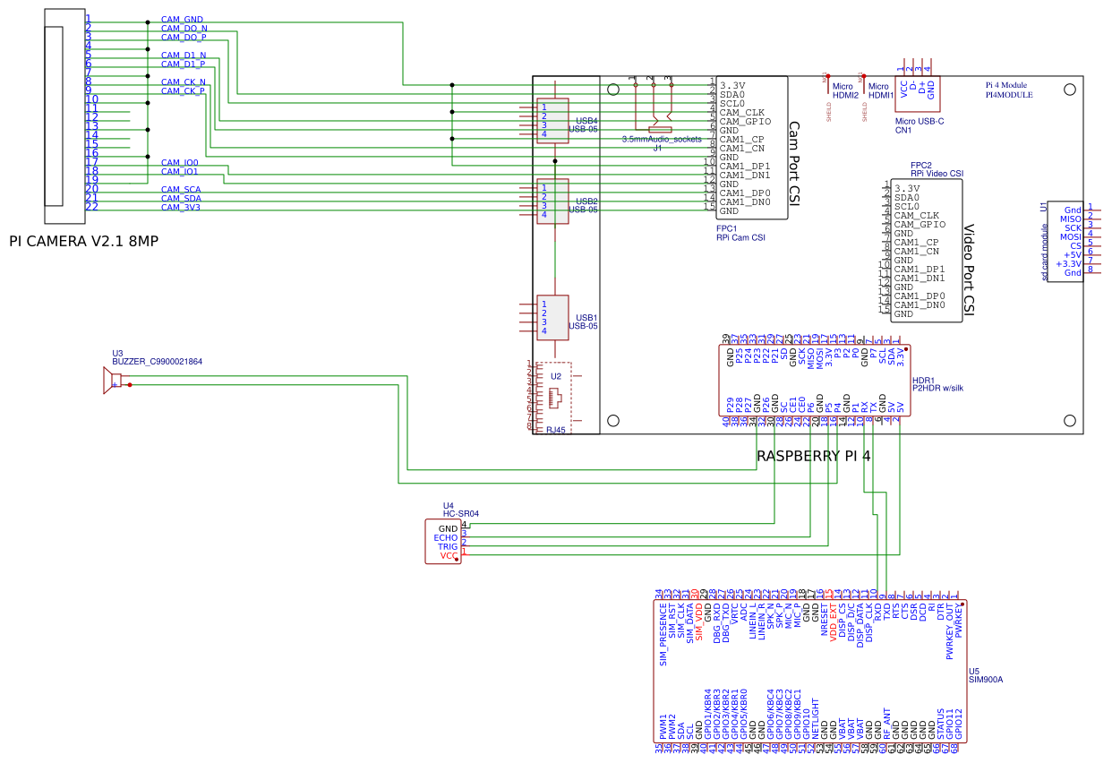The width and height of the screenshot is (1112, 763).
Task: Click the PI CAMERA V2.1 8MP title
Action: [x=83, y=241]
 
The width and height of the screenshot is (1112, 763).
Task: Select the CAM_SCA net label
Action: [x=180, y=190]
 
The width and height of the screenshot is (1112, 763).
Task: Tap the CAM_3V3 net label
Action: [x=180, y=208]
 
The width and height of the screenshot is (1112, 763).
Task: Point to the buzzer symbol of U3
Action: [x=115, y=381]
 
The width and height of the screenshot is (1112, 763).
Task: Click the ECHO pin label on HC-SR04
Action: [x=446, y=538]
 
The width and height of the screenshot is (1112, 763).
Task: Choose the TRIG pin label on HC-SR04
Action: [x=448, y=547]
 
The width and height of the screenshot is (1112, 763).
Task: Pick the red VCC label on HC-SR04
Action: [x=449, y=556]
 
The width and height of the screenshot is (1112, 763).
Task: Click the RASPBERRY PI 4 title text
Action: [x=813, y=456]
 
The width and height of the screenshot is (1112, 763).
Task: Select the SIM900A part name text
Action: [x=986, y=680]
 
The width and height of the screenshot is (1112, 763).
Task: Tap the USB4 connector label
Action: [x=586, y=121]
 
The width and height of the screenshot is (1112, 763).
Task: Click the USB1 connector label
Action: [x=586, y=318]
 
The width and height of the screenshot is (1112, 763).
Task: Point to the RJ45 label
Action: [x=556, y=430]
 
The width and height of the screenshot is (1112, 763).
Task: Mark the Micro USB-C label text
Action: [x=920, y=121]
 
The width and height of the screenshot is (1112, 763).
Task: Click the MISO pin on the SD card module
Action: [x=1070, y=219]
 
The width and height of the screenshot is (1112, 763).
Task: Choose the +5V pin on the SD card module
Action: [x=1072, y=254]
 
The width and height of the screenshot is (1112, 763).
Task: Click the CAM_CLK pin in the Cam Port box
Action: [x=740, y=113]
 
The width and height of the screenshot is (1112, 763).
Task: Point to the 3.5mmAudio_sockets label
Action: [x=662, y=139]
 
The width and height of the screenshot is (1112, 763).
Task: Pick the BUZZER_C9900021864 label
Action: [x=157, y=362]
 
